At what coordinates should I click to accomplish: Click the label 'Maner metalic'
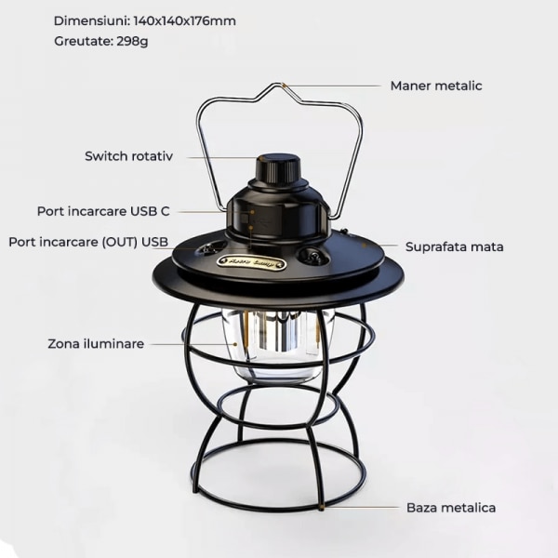pyautogui.click(x=436, y=86)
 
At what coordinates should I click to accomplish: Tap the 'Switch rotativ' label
pyautogui.click(x=129, y=156)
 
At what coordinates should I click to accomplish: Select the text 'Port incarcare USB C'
pyautogui.click(x=103, y=211)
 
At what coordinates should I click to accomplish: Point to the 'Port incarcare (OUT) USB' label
pyautogui.click(x=88, y=242)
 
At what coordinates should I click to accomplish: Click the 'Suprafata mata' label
pyautogui.click(x=455, y=247)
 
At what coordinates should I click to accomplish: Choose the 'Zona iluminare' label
pyautogui.click(x=96, y=344)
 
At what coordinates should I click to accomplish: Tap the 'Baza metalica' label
pyautogui.click(x=451, y=508)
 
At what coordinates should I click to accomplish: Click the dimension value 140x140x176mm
pyautogui.click(x=185, y=21)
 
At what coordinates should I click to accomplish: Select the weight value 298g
pyautogui.click(x=132, y=41)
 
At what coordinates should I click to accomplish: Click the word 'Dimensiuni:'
pyautogui.click(x=92, y=21)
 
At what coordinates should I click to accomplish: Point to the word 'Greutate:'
pyautogui.click(x=84, y=41)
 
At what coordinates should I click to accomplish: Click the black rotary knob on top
pyautogui.click(x=279, y=168)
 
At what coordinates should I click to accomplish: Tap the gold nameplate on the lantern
pyautogui.click(x=252, y=264)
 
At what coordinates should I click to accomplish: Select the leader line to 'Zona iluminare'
pyautogui.click(x=193, y=344)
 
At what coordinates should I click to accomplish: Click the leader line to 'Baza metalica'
pyautogui.click(x=360, y=507)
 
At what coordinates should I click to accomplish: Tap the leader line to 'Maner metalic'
pyautogui.click(x=332, y=86)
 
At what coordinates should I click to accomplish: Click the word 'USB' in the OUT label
pyautogui.click(x=154, y=242)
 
